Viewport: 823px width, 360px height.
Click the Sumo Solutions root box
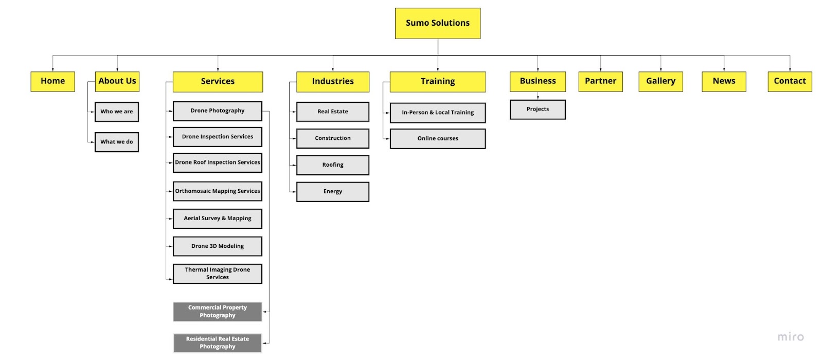(438, 23)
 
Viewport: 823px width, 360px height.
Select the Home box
(52, 81)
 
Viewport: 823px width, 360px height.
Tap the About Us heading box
(117, 81)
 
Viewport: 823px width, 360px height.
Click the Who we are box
(116, 112)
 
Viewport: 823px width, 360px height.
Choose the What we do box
(116, 142)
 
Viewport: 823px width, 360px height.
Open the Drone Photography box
(218, 111)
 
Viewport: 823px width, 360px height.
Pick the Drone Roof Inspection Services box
(218, 163)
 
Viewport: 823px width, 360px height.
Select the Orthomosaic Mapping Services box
(218, 191)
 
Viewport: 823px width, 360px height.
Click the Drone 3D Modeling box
(218, 246)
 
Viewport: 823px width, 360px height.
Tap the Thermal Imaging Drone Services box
(218, 274)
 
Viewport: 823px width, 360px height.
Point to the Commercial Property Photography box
(218, 312)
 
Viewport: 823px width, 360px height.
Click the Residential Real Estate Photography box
(218, 343)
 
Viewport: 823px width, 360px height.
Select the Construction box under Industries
(332, 138)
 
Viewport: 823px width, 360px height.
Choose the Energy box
(332, 192)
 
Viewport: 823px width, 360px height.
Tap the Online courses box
(438, 138)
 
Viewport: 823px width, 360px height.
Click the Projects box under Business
(538, 110)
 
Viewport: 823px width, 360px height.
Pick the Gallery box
(660, 81)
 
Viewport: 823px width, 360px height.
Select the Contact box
(790, 81)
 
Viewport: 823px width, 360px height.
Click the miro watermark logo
(791, 337)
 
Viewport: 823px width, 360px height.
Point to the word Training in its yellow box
(438, 81)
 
